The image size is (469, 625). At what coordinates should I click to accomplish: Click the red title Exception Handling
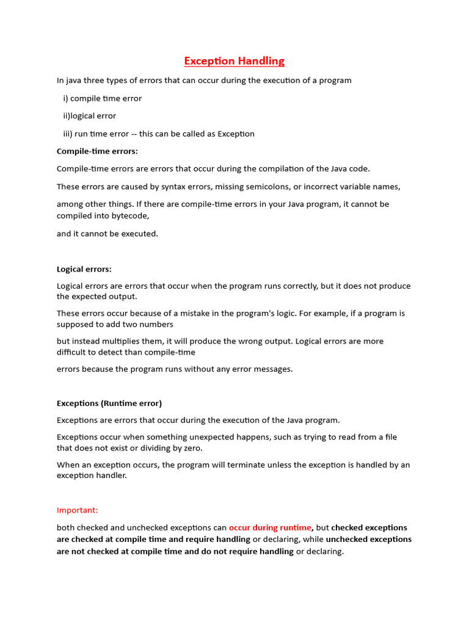[234, 61]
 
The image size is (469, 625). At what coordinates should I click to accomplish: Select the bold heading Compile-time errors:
[97, 151]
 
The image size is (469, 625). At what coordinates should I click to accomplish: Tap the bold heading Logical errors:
[84, 269]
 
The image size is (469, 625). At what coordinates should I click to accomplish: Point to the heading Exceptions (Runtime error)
[109, 403]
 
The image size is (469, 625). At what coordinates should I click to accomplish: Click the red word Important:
[77, 510]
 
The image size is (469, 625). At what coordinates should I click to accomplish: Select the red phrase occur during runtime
[270, 527]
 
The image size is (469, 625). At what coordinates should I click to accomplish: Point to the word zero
[192, 448]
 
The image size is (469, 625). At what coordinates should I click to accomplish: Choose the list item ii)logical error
[89, 116]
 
